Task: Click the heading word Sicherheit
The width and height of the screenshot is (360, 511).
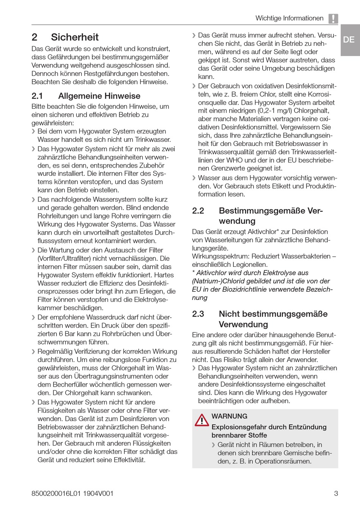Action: click(x=75, y=37)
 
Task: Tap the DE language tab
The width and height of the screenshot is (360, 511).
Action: click(x=349, y=39)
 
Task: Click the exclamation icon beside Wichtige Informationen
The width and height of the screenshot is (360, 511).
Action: click(x=333, y=19)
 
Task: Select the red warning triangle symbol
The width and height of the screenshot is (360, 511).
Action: click(x=202, y=420)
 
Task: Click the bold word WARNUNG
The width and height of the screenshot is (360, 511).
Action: click(x=229, y=416)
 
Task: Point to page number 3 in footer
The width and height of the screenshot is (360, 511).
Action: click(x=336, y=494)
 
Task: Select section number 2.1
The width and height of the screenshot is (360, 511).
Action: click(x=37, y=96)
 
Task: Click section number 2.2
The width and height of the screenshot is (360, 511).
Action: click(x=198, y=211)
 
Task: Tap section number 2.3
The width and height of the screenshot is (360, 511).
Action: click(x=198, y=314)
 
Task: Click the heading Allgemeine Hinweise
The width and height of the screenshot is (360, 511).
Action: click(x=99, y=96)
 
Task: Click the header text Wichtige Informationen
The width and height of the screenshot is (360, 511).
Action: click(x=289, y=18)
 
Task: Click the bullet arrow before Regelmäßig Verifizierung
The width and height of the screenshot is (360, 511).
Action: click(x=33, y=352)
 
